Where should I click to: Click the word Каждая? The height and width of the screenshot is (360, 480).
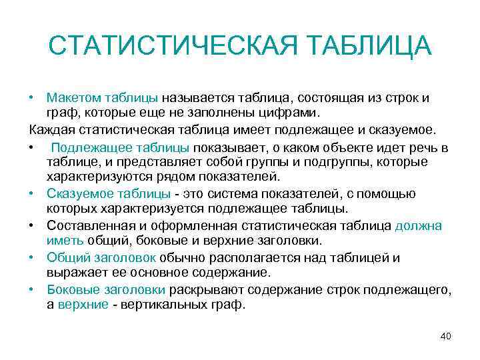tap(51, 129)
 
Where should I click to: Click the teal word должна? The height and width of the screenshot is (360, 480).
tap(418, 225)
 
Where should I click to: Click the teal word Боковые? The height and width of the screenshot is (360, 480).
tap(71, 289)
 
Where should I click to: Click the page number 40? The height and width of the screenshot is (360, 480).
tap(446, 336)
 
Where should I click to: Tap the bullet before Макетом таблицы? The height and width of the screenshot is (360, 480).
tap(33, 98)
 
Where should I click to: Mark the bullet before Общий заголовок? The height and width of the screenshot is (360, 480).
tap(33, 257)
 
